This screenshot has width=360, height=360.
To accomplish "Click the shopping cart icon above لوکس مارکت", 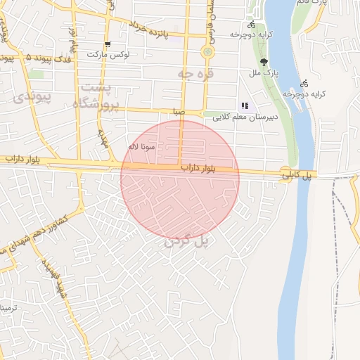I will (x=108, y=44).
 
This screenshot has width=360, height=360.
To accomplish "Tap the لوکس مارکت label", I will (x=105, y=54).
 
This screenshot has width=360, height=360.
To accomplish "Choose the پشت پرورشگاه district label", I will (x=96, y=95).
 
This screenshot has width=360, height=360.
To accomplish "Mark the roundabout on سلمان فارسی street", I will (x=207, y=52).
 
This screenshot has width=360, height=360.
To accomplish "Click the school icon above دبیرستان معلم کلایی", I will (x=245, y=105).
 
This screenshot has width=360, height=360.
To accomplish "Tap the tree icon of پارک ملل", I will (x=264, y=62).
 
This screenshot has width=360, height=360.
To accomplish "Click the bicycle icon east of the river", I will (x=304, y=82).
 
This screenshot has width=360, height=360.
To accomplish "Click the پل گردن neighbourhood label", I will (x=186, y=241).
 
